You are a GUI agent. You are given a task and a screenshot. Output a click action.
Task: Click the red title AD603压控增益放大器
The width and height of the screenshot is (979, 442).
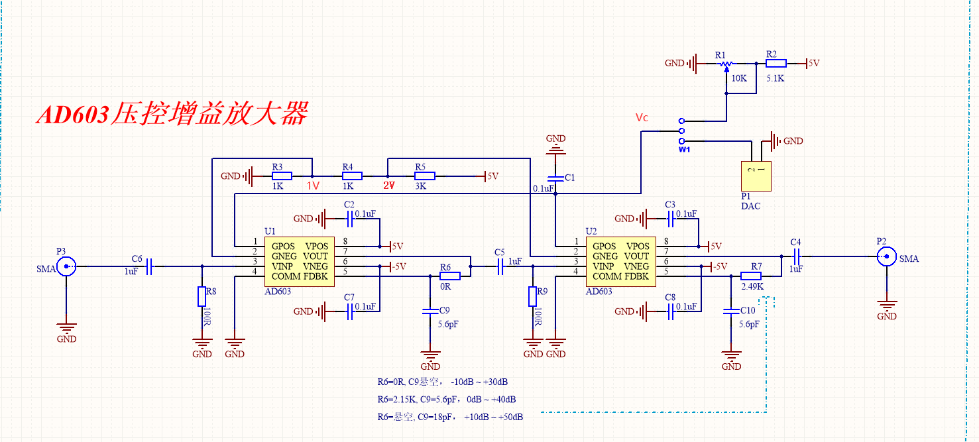pyautogui.click(x=172, y=114)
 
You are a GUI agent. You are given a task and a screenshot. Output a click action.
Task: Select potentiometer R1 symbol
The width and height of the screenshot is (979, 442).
pyautogui.click(x=726, y=64)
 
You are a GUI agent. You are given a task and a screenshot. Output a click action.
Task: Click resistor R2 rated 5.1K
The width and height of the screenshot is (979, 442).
pyautogui.click(x=776, y=64)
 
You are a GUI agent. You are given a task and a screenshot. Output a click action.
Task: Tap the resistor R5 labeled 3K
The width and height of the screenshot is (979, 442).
pyautogui.click(x=424, y=176)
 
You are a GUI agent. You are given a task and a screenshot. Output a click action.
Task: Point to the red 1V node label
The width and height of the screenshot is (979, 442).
pyautogui.click(x=313, y=186)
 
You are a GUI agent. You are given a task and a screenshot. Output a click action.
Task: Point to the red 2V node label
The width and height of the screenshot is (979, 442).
pyautogui.click(x=388, y=186)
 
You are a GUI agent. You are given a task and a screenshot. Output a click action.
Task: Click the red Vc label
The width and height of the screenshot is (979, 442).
pyautogui.click(x=642, y=118)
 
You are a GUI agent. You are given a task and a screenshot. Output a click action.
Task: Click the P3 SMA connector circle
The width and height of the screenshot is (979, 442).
pyautogui.click(x=66, y=266)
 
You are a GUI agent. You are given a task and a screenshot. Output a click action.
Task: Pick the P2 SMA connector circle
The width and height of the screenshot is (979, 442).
pyautogui.click(x=886, y=256)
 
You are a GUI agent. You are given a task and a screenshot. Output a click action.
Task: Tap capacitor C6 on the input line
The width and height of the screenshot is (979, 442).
pyautogui.click(x=150, y=266)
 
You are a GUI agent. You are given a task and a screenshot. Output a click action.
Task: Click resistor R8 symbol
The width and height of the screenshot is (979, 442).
pyautogui.click(x=202, y=296)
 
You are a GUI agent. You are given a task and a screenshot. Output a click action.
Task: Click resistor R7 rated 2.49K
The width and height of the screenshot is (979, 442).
pyautogui.click(x=751, y=276)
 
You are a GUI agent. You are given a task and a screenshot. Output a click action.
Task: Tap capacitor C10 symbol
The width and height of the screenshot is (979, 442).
pyautogui.click(x=731, y=310)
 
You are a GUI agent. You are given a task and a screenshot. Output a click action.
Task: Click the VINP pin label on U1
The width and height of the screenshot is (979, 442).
pyautogui.click(x=284, y=266)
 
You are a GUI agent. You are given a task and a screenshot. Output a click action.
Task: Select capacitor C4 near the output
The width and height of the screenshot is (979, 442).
pyautogui.click(x=796, y=256)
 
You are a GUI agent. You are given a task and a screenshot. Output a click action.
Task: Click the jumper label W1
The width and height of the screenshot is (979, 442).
pyautogui.click(x=684, y=149)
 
